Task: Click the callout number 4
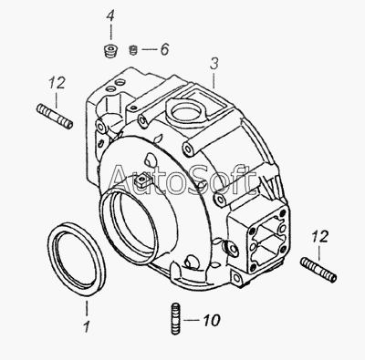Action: (x=110, y=15)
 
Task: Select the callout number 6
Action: (x=164, y=49)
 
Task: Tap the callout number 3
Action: (x=214, y=64)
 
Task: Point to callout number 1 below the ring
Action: (x=87, y=326)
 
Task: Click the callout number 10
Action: (x=212, y=320)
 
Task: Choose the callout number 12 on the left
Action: (x=57, y=83)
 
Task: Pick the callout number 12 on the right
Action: (x=320, y=237)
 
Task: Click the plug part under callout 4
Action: (x=109, y=50)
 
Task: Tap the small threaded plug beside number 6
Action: (x=133, y=50)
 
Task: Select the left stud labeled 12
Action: (x=55, y=117)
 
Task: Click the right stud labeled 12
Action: (x=318, y=270)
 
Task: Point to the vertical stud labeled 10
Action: (x=174, y=319)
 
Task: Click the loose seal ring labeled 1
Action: (x=77, y=259)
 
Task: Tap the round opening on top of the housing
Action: (x=186, y=112)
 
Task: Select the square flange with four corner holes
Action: (x=267, y=237)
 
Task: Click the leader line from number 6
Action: (x=149, y=49)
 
